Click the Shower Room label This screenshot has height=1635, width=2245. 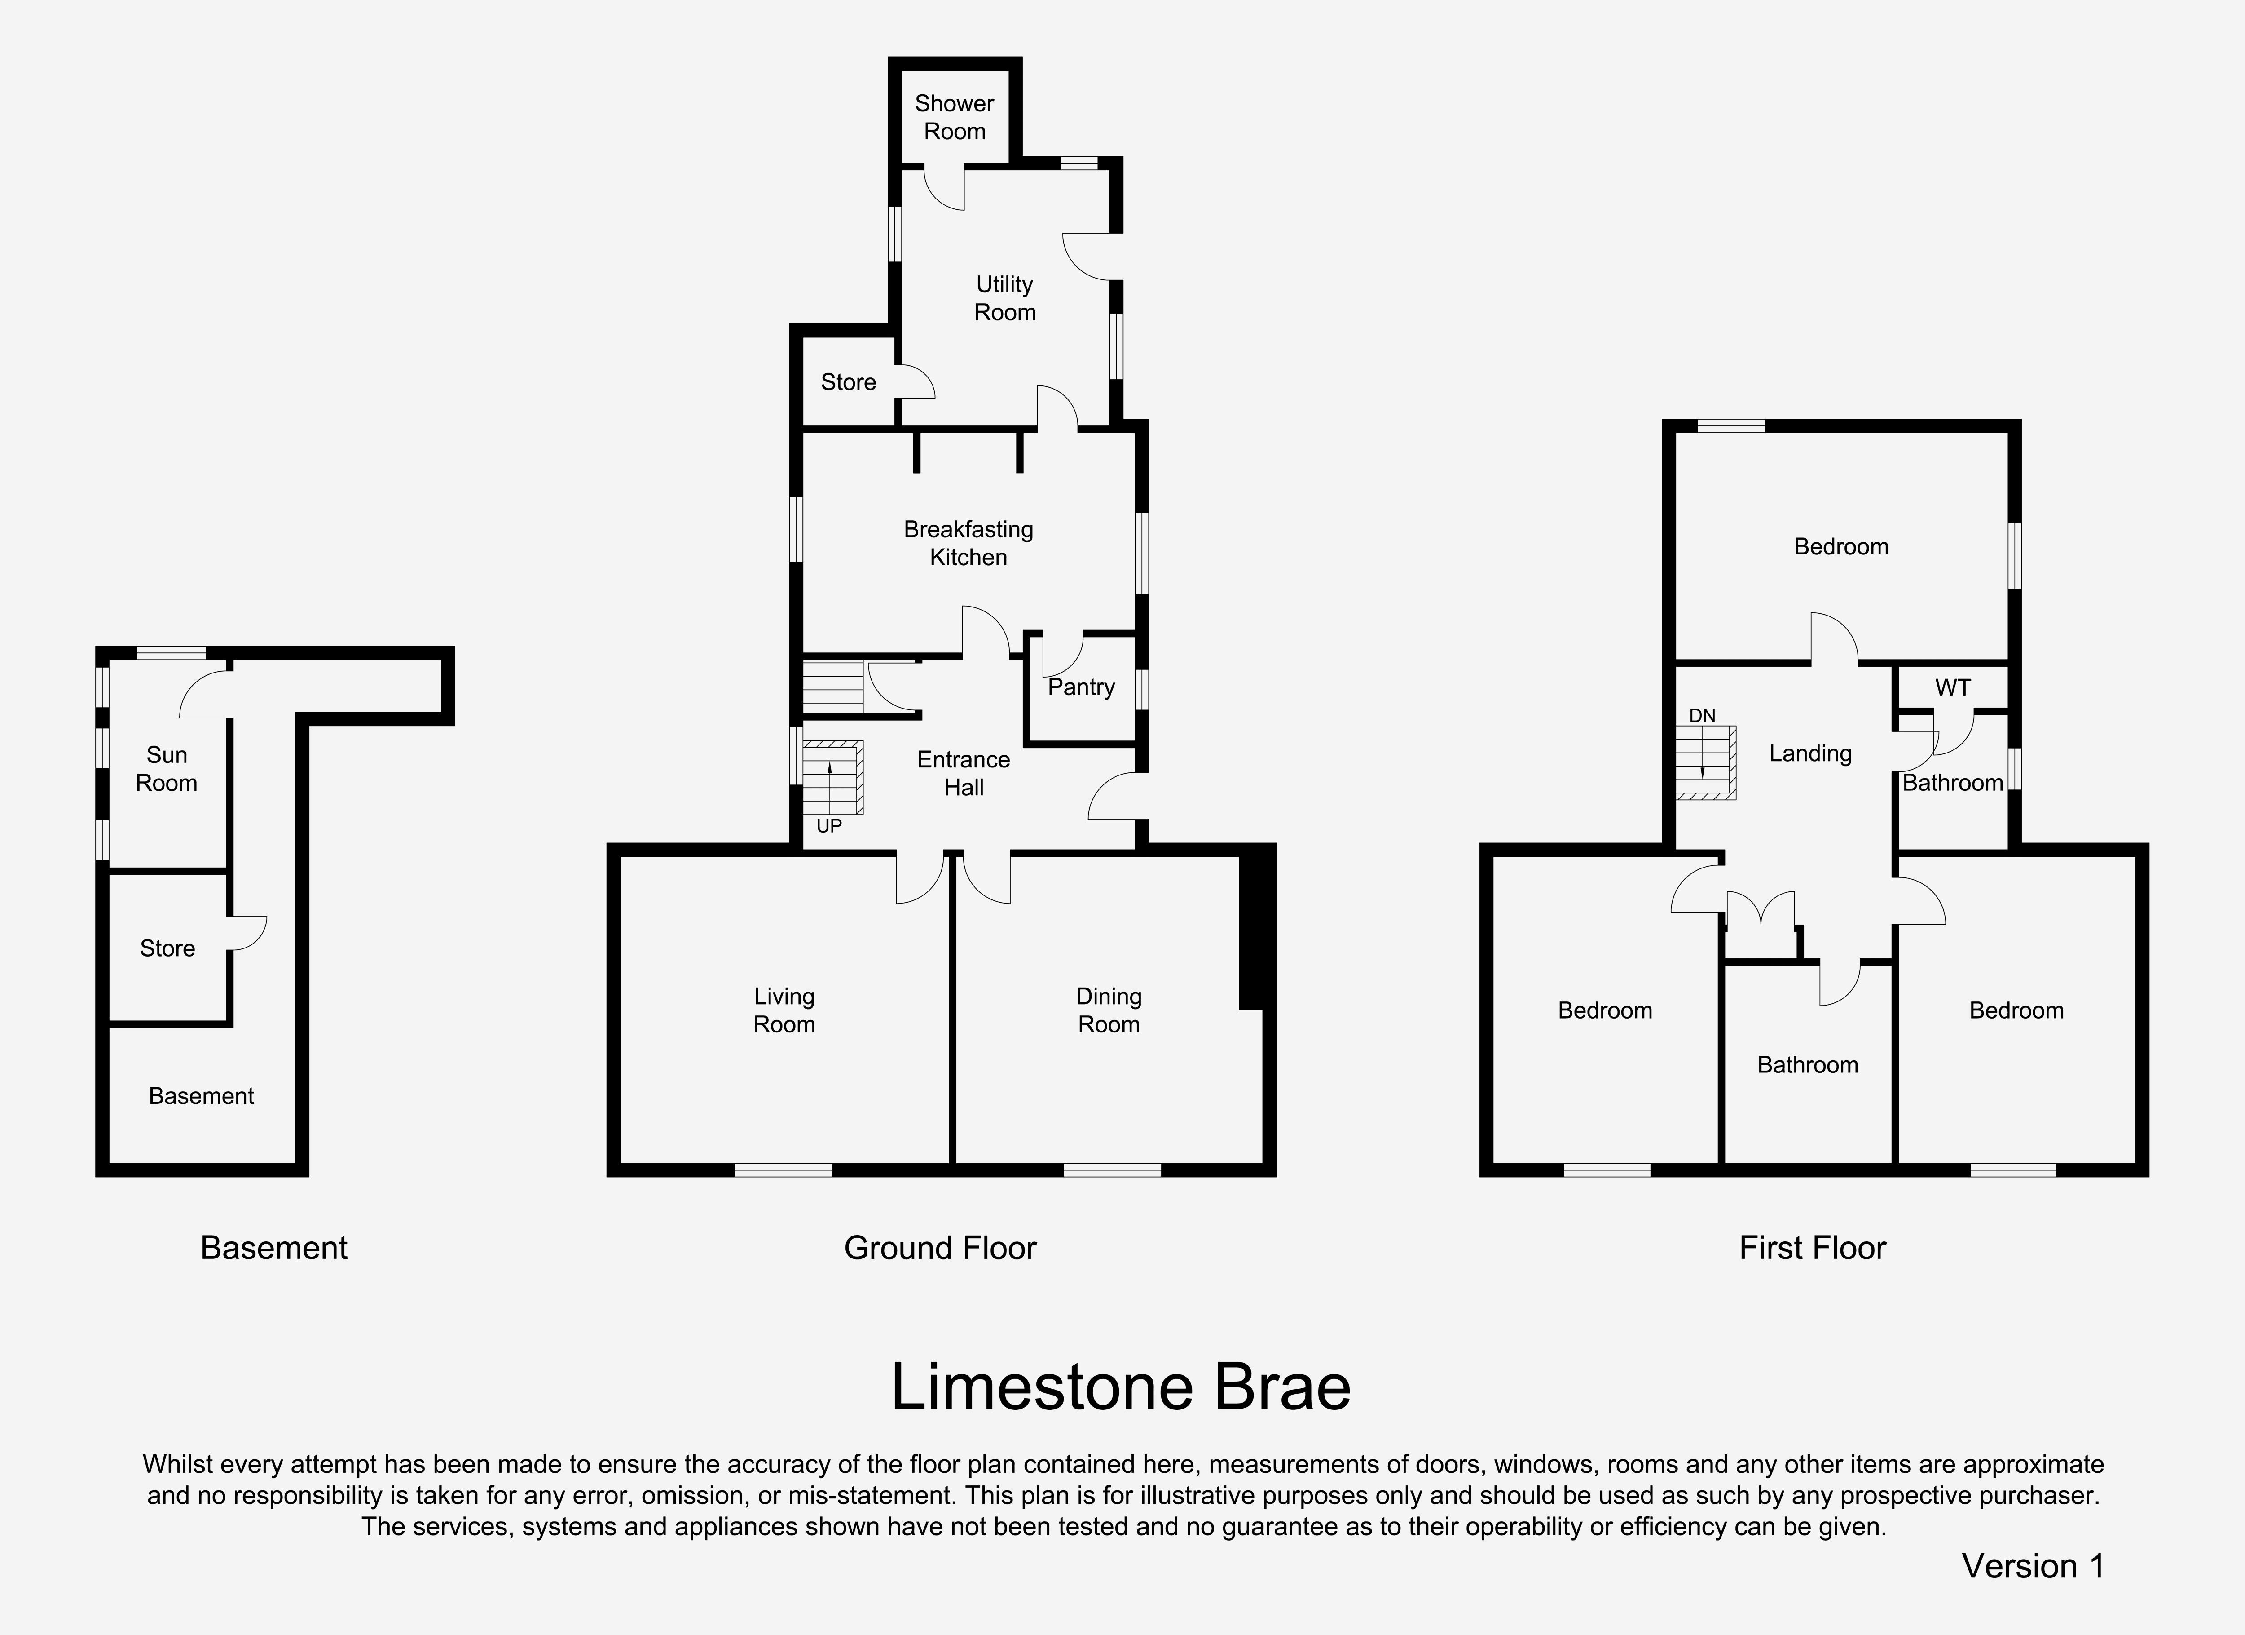point(954,117)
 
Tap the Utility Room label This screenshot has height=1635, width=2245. point(1005,298)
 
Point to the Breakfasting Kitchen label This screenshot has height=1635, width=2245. point(968,543)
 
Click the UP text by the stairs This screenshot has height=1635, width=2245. point(829,826)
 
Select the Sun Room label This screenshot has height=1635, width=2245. point(166,768)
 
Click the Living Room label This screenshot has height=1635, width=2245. point(784,1010)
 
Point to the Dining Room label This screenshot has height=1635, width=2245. point(1109,1010)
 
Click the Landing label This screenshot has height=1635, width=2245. point(1810,753)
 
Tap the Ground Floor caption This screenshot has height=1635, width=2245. point(940,1248)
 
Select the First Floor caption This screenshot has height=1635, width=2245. point(1813,1248)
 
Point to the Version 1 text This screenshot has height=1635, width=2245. point(2033,1566)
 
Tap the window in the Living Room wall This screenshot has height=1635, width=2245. point(783,1170)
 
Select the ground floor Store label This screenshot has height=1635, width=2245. point(848,382)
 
